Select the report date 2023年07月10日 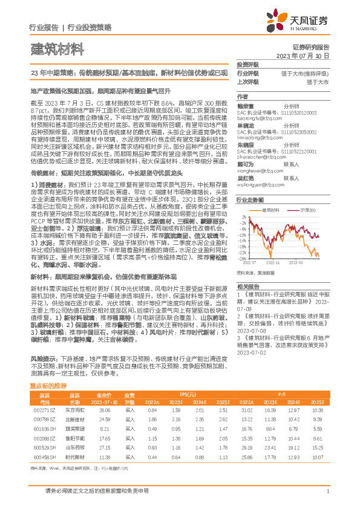click(302, 55)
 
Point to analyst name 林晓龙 click(245, 125)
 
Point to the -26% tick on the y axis click(241, 255)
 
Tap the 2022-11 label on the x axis click(272, 263)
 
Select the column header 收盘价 click(105, 395)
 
